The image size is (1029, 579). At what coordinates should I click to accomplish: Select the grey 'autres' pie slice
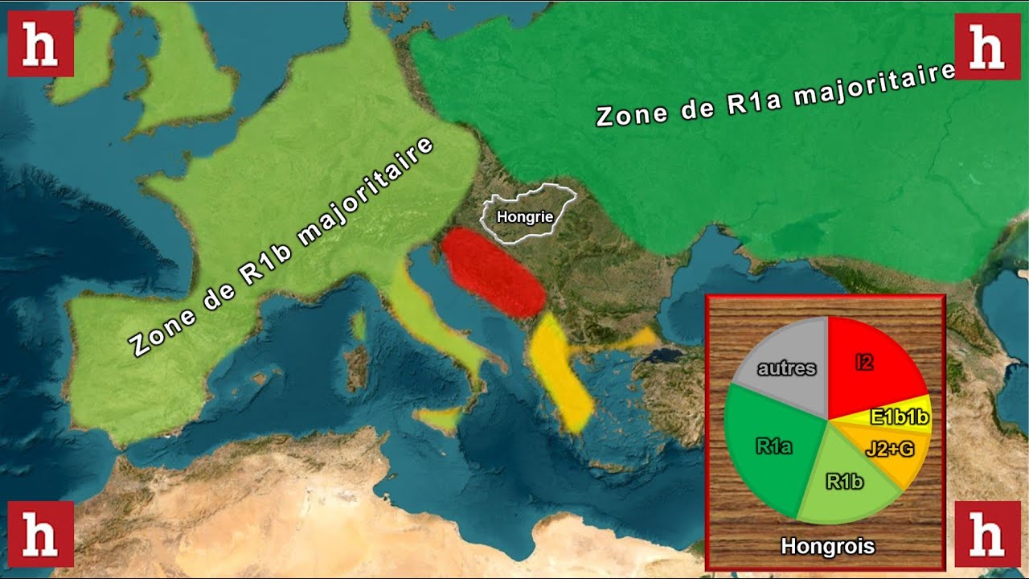[x=786, y=368]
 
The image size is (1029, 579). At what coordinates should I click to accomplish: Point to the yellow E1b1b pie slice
[x=899, y=416]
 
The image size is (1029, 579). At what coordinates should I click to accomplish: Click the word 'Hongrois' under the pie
[x=827, y=547]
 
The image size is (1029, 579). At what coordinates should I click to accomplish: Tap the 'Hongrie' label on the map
[x=525, y=216]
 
